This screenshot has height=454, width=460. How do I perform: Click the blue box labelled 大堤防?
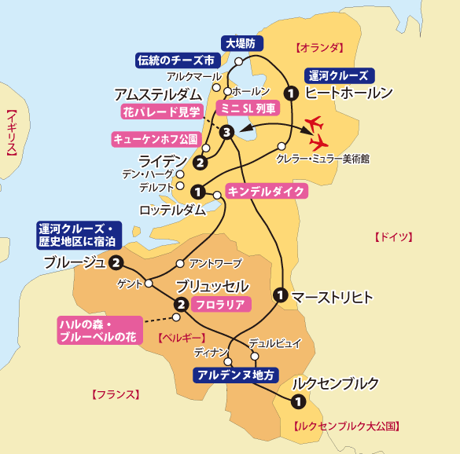(244, 43)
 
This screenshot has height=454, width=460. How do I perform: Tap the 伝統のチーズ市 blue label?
(175, 60)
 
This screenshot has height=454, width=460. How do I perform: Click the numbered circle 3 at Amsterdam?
(226, 132)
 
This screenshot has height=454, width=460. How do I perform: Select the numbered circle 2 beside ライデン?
(200, 163)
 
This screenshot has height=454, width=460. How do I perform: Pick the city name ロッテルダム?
(172, 210)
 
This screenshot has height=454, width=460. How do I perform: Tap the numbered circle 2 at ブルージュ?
(116, 263)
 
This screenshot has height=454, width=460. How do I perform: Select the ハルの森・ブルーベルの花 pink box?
(101, 330)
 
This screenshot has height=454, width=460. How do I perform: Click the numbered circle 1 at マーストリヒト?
(279, 296)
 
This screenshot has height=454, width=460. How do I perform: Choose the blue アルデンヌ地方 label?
(236, 375)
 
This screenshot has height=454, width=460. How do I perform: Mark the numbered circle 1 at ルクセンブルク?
(297, 402)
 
